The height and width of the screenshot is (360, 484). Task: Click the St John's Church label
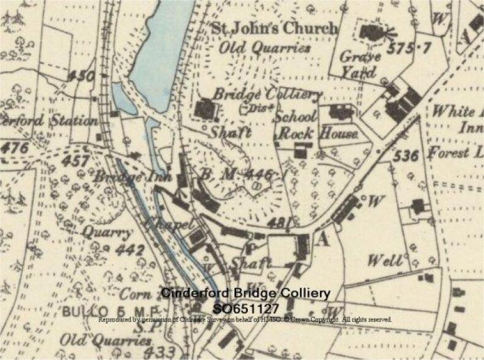[273, 28]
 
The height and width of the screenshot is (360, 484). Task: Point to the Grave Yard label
[360, 65]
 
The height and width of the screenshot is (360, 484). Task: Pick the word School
[296, 117]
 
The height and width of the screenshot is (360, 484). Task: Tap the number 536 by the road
[405, 156]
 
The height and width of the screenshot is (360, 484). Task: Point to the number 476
[15, 147]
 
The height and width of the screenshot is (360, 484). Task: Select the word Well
[385, 262]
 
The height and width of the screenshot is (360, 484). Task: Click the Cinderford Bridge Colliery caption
[245, 294]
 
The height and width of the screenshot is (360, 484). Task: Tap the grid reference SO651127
[245, 308]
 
